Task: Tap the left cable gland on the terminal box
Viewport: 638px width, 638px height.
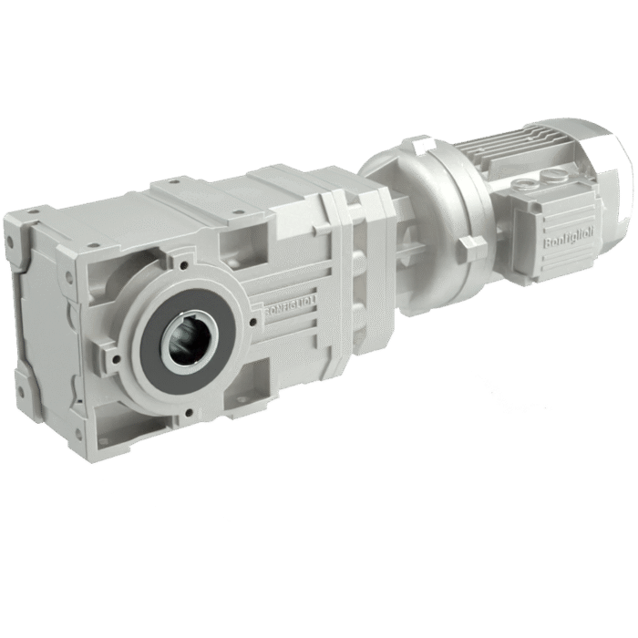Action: [x=527, y=183]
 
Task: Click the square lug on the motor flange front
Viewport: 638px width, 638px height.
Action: [x=473, y=247]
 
